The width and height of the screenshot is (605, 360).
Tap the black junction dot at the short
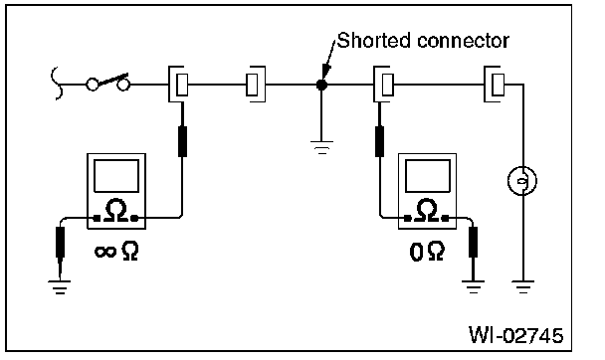pyautogui.click(x=321, y=85)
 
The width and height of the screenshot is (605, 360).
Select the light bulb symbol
pyautogui.click(x=522, y=180)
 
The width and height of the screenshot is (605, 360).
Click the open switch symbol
pyautogui.click(x=107, y=83)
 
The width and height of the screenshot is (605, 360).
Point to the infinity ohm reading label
pyautogui.click(x=116, y=252)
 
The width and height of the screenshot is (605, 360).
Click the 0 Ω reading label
pyautogui.click(x=427, y=252)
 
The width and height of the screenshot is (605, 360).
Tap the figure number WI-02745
pyautogui.click(x=515, y=334)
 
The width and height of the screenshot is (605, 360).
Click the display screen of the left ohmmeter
pyautogui.click(x=116, y=176)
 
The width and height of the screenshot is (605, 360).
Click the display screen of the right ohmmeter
pyautogui.click(x=428, y=176)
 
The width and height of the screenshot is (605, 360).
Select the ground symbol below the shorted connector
pyautogui.click(x=321, y=147)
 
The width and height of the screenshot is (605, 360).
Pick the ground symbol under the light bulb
pyautogui.click(x=522, y=287)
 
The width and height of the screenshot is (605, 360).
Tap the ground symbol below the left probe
pyautogui.click(x=60, y=287)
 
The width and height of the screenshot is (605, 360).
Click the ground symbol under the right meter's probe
pyautogui.click(x=473, y=287)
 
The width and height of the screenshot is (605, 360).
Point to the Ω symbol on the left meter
pyautogui.click(x=116, y=211)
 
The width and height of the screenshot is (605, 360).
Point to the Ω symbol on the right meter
pyautogui.click(x=427, y=211)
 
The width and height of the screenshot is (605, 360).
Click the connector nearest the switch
pyautogui.click(x=178, y=84)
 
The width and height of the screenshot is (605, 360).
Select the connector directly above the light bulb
pyautogui.click(x=495, y=84)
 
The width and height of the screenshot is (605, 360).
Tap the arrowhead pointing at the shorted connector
pyautogui.click(x=326, y=71)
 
